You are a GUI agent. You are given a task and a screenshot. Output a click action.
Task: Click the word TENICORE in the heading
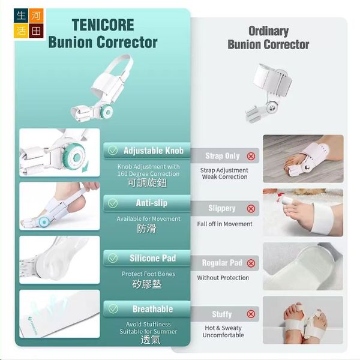click(x=103, y=25)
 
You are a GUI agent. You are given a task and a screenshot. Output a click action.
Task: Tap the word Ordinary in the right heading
click(x=268, y=31)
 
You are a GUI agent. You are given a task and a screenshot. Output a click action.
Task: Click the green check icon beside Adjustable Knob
click(x=113, y=151)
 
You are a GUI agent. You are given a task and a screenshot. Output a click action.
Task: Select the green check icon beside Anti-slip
click(x=113, y=203)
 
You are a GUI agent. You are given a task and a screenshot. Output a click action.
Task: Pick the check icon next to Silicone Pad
click(x=113, y=258)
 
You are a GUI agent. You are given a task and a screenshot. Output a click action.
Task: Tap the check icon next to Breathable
click(x=113, y=309)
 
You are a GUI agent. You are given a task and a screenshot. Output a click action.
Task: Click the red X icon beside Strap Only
click(x=251, y=157)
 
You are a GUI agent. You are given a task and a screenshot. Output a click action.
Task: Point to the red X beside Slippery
click(x=251, y=209)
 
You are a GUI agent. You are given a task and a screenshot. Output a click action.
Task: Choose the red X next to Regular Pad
click(x=251, y=263)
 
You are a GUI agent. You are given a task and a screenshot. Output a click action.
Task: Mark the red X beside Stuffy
click(x=251, y=314)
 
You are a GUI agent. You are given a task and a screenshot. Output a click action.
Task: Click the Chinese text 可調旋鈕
click(x=147, y=183)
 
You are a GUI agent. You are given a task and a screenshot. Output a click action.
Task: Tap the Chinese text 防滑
click(x=146, y=229)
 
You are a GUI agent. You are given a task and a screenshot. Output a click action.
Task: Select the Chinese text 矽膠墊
click(x=147, y=284)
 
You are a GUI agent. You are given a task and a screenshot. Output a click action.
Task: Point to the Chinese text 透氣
click(x=151, y=340)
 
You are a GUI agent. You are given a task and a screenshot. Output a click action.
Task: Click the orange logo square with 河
click(x=36, y=16)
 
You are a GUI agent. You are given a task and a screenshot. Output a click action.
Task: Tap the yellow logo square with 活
click(x=21, y=31)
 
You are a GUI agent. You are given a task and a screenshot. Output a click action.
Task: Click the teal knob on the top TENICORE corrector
click(x=107, y=112)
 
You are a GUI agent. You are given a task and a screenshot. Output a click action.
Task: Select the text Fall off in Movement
click(x=224, y=224)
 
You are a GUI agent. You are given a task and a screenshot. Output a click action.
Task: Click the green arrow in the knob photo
click(x=85, y=167)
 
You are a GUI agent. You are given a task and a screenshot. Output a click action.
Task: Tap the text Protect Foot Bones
click(x=148, y=274)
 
